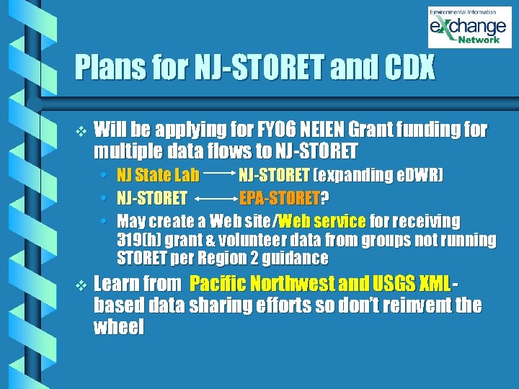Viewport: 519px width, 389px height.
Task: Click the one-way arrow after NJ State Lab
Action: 220,175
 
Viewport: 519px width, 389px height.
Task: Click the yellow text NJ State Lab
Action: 158,176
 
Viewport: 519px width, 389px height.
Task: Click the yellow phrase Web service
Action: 321,220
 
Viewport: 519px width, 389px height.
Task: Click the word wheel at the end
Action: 119,328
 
